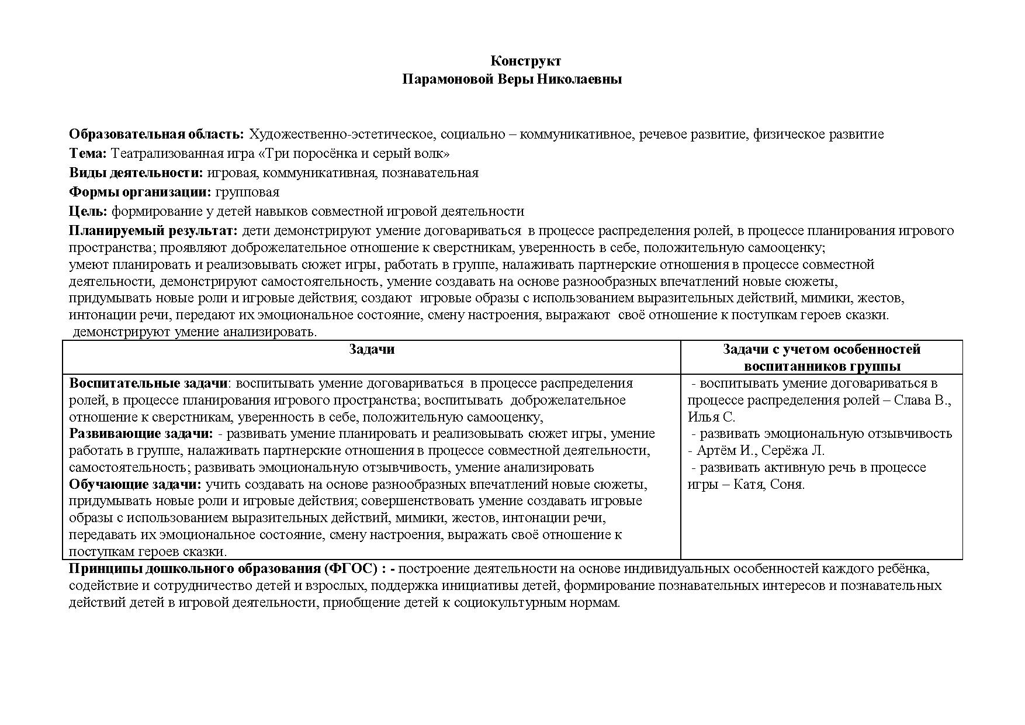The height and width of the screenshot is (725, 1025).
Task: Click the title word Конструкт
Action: coord(525,61)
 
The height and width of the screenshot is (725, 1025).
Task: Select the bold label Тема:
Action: coord(88,154)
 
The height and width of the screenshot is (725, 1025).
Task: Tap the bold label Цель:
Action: coord(88,211)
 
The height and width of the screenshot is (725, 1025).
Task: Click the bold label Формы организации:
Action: coord(140,192)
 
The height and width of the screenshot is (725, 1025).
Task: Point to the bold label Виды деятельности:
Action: coord(136,172)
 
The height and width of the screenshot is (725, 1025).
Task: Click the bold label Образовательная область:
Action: coord(156,134)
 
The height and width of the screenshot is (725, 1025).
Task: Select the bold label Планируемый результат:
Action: coord(153,230)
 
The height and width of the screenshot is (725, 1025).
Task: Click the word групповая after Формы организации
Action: coord(247,192)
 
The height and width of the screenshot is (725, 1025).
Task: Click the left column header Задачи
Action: coord(372,349)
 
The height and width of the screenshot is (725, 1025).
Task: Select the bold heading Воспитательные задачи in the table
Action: coord(148,384)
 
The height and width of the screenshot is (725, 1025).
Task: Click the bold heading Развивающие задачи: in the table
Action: coord(141,434)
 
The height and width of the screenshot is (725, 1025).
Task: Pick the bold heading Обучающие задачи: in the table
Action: coord(135,485)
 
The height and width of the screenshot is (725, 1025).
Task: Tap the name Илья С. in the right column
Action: coord(711,417)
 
